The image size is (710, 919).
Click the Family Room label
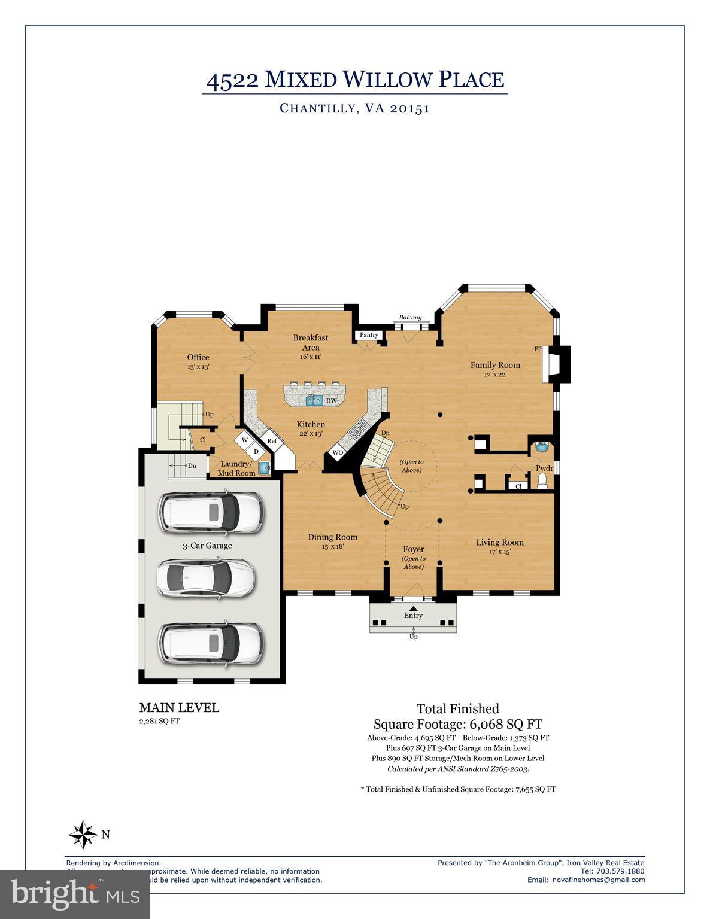pos(494,365)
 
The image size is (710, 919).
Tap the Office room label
pos(198,357)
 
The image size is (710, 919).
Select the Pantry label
pos(369,335)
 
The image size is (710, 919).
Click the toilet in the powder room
pos(543,481)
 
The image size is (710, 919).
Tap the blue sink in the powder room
pos(541,446)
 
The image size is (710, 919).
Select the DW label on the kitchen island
pos(331,401)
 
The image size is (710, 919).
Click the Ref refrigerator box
pos(272,441)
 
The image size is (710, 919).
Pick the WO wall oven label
pos(338,453)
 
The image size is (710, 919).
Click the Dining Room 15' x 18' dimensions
pos(332,546)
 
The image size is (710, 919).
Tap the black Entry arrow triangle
pos(413,608)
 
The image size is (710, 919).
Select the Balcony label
pos(411,318)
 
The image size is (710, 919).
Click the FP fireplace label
pos(538,349)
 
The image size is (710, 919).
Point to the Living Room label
pos(500,543)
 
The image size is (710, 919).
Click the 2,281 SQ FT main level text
pos(159,721)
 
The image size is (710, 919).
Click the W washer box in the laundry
pos(244,440)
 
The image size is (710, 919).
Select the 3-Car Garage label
pos(207,546)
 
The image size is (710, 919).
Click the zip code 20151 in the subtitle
pos(409,108)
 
